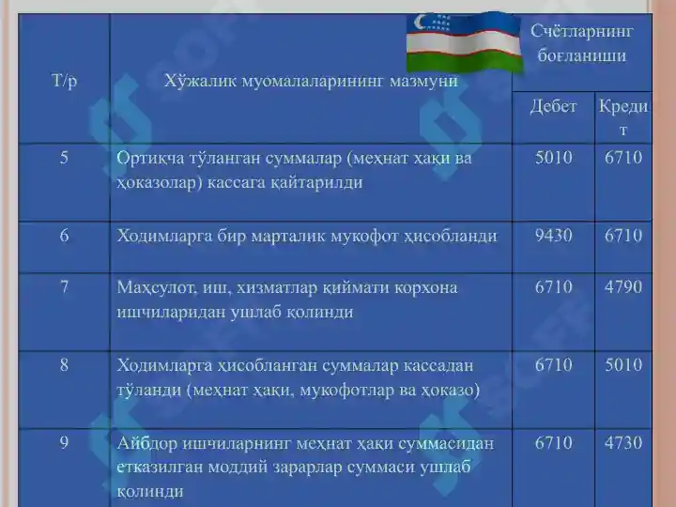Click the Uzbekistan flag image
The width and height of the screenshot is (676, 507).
(x=465, y=42)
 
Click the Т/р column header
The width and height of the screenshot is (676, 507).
(x=64, y=80)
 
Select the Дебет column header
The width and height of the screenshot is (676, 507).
(x=553, y=106)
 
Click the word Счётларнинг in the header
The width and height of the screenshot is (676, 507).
(x=582, y=31)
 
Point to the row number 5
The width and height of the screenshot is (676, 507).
(x=64, y=158)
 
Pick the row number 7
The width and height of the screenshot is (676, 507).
(x=64, y=287)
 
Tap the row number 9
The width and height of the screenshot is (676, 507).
(x=64, y=443)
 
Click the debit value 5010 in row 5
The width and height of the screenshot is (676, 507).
(x=554, y=158)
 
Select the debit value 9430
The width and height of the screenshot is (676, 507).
(x=554, y=236)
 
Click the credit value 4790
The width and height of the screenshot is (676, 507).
(x=623, y=287)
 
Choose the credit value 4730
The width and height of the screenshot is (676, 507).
(x=623, y=443)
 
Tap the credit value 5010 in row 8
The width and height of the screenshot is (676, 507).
(x=623, y=365)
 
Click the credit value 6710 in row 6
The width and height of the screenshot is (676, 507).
(x=623, y=236)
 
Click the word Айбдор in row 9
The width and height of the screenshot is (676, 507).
(x=147, y=443)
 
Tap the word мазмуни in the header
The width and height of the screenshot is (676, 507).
(x=423, y=81)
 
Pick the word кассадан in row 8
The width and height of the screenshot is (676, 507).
(x=438, y=366)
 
